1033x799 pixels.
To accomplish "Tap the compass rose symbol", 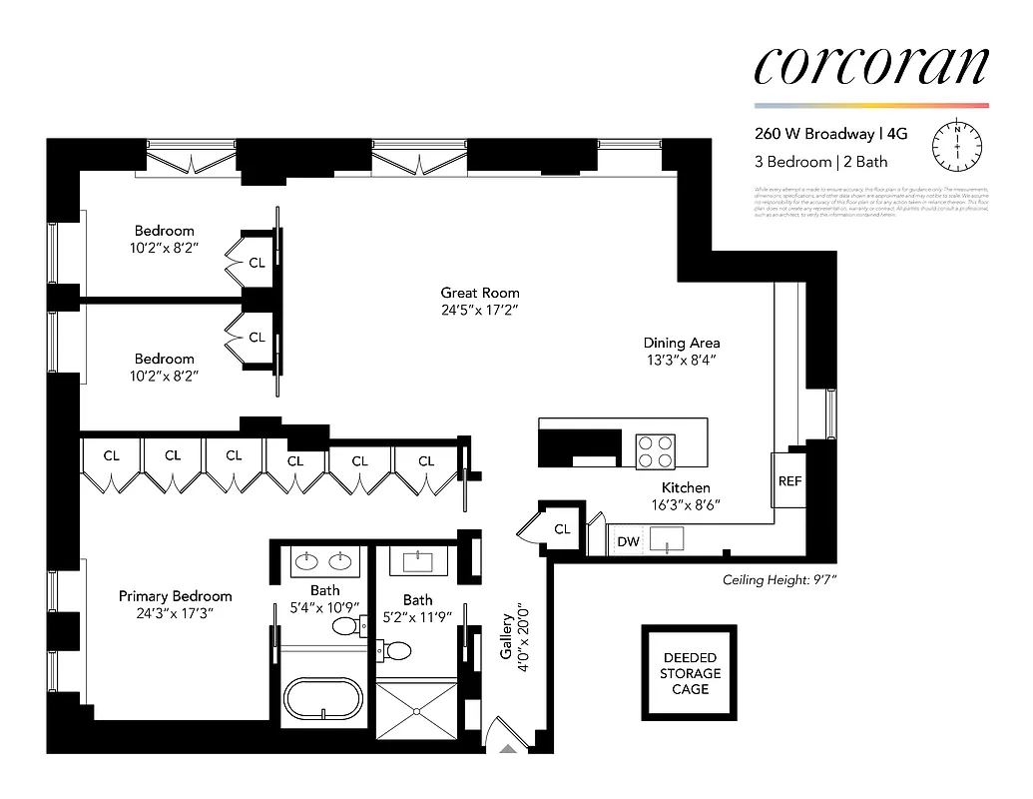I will (x=956, y=146).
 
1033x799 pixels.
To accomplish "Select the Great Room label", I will (x=480, y=293).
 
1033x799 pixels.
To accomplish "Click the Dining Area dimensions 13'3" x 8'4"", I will (x=681, y=360).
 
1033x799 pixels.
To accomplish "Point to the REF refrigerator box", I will (x=789, y=480).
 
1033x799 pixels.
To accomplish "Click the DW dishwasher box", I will (x=629, y=542).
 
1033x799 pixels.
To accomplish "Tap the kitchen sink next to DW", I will (x=665, y=540).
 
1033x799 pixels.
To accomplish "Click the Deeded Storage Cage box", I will (x=689, y=673).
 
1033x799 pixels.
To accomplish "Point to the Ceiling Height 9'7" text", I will (x=778, y=580).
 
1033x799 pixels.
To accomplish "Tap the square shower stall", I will (x=415, y=709).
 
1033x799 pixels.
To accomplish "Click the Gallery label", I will (x=506, y=636).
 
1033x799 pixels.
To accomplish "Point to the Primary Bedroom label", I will (x=175, y=596).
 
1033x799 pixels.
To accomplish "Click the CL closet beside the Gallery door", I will (x=562, y=528).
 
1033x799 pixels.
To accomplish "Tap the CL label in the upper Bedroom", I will (x=258, y=263).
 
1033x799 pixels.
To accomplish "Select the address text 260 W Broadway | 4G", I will (x=836, y=134).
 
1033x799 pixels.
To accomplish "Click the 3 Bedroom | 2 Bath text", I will (x=820, y=161).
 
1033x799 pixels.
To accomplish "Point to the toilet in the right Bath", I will (x=397, y=651).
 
